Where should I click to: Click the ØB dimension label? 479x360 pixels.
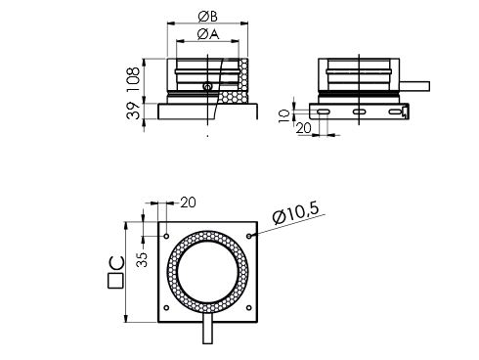coord(208,15)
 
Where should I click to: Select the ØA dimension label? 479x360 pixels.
coord(207,34)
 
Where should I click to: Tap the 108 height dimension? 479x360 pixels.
coord(134,75)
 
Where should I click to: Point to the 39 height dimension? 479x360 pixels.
coord(134,111)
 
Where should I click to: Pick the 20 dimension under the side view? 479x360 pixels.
coord(302,126)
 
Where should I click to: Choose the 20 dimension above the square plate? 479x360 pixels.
coord(188,202)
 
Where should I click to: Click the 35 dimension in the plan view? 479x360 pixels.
coord(142,259)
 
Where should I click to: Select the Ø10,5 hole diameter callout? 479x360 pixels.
coord(297,211)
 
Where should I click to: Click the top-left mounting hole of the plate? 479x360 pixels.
coord(166,236)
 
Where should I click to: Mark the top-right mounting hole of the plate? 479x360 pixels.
coord(251,236)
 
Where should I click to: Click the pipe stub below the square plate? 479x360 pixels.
coord(208,332)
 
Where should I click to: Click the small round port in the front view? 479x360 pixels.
coord(207,89)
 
